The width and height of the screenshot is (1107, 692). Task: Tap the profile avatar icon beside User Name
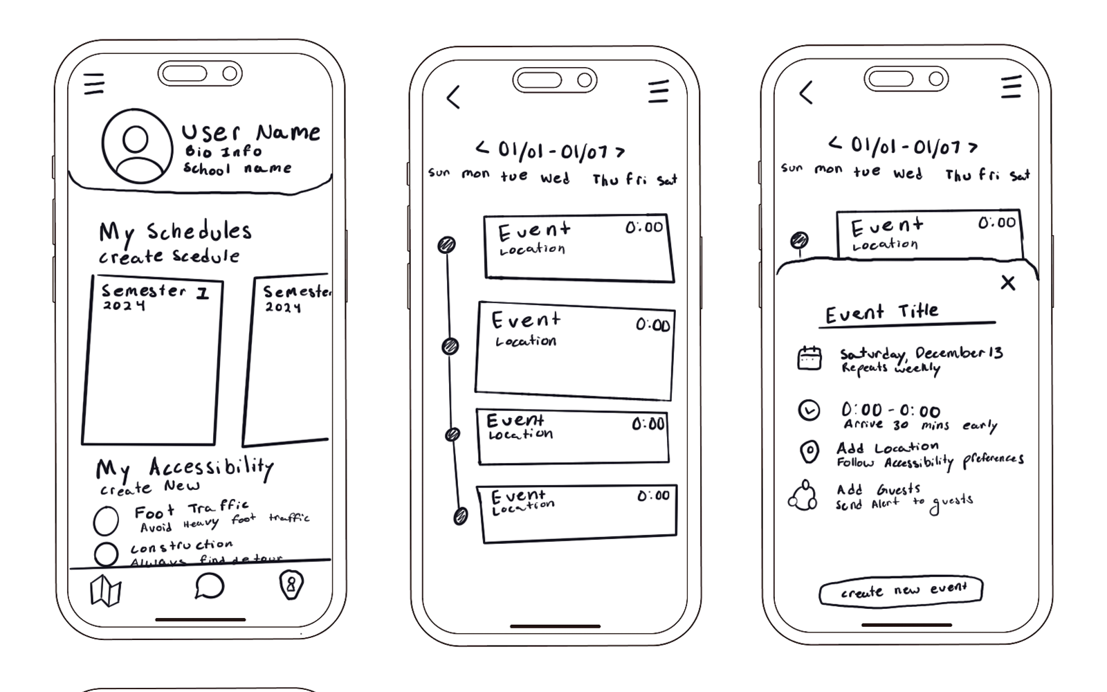click(x=137, y=146)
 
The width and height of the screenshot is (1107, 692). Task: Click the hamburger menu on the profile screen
click(x=94, y=84)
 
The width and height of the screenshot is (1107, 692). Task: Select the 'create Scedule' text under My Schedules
click(x=170, y=257)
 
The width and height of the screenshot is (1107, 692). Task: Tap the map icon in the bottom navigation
click(x=106, y=590)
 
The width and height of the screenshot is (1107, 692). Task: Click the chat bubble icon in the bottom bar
click(x=209, y=586)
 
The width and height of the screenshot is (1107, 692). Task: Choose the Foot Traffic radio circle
click(x=106, y=521)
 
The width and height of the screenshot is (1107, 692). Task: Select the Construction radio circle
click(x=106, y=554)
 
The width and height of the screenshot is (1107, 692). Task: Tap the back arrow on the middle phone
click(x=454, y=97)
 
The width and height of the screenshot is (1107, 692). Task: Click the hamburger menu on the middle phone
click(x=658, y=91)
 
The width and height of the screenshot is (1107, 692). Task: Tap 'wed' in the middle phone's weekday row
click(x=555, y=179)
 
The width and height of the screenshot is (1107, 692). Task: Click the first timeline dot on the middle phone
click(x=447, y=244)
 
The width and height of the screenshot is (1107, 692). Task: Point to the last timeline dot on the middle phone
click(x=460, y=516)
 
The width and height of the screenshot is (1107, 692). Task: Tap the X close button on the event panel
click(x=1008, y=282)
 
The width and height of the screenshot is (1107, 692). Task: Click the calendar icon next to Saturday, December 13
click(x=809, y=358)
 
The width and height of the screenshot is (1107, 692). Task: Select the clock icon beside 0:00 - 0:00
click(x=809, y=410)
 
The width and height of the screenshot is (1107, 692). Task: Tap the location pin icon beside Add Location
click(x=809, y=452)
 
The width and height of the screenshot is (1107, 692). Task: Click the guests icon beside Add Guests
click(x=803, y=495)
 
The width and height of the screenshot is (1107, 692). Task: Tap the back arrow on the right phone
click(x=806, y=93)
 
